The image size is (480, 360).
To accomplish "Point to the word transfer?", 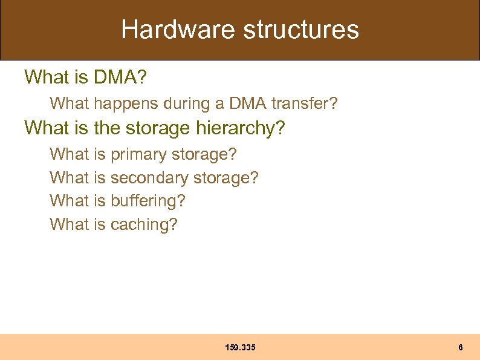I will (x=304, y=103).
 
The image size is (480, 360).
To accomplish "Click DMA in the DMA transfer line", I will (x=248, y=103).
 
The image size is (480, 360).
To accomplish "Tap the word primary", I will (x=139, y=155).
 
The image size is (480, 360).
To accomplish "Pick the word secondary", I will (x=149, y=178).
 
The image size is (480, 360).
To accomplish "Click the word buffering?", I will (x=148, y=200).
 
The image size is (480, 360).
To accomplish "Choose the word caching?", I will (x=144, y=224).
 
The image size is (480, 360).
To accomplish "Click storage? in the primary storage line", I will (x=204, y=155).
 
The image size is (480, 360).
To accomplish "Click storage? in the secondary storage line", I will (x=225, y=178).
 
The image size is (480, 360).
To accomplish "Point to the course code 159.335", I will (x=240, y=347).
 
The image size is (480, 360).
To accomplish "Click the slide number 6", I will (x=461, y=347).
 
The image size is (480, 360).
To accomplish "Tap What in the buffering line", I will (x=70, y=200).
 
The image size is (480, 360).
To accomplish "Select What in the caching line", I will (x=70, y=224).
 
